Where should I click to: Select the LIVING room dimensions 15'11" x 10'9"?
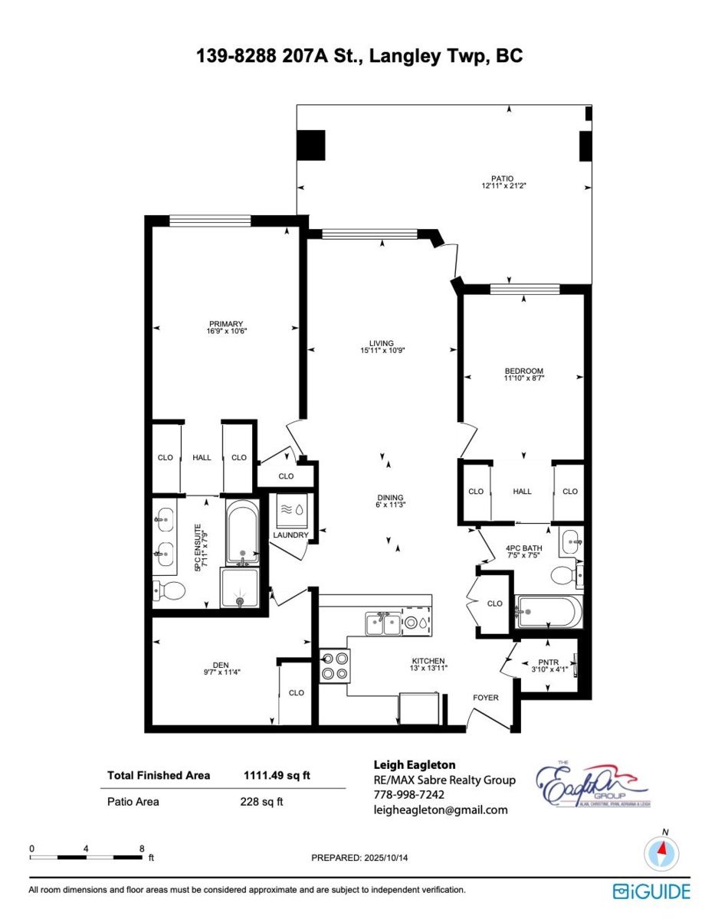coord(382,351)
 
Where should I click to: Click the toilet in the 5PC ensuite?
coord(171,590)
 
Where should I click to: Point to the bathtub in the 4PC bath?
coord(548,611)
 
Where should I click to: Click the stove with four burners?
coord(334,665)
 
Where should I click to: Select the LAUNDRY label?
coord(291,535)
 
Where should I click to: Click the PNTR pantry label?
coord(548,662)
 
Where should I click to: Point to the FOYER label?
coord(485,698)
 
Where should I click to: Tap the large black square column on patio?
coord(311,145)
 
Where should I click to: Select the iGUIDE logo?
coord(651,891)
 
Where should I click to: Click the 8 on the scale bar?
coord(142,849)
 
